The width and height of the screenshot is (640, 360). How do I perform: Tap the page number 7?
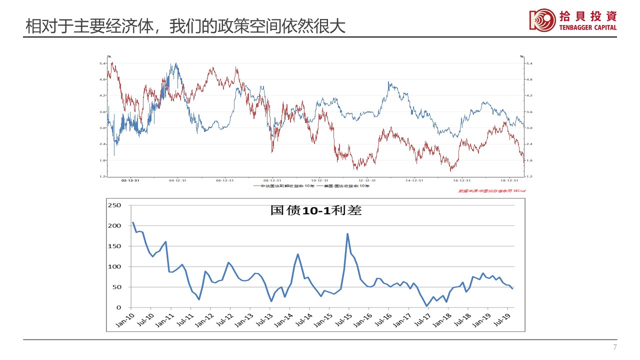click(x=615, y=348)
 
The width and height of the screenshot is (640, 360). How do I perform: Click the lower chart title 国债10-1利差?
click(x=315, y=210)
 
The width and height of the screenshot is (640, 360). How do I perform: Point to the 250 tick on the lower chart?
click(x=115, y=205)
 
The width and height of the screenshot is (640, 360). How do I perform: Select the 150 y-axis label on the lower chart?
click(x=115, y=246)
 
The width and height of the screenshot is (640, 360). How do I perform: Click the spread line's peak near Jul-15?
click(x=347, y=233)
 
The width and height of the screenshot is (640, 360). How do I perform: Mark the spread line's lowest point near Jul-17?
click(x=427, y=306)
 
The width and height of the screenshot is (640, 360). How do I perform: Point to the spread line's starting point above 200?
click(x=133, y=222)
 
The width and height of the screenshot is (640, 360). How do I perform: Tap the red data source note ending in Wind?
click(x=492, y=190)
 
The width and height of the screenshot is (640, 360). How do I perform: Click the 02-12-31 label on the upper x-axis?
click(x=130, y=180)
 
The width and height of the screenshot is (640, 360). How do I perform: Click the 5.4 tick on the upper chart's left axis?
click(x=102, y=63)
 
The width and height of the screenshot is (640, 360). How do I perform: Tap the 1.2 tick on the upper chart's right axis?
click(x=529, y=176)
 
